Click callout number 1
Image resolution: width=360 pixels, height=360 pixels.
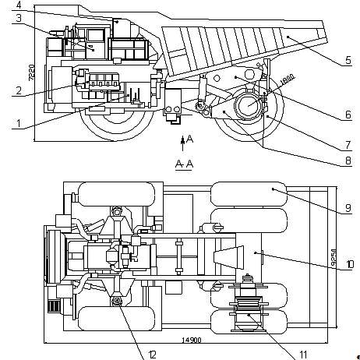[18, 123]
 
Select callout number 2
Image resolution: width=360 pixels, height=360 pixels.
[19, 90]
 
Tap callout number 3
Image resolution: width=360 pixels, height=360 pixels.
[19, 18]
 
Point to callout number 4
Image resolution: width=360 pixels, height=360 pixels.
[19, 5]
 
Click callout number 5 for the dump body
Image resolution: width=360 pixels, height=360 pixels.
[348, 60]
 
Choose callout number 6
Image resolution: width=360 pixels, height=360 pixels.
[348, 115]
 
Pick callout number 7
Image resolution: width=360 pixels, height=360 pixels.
[348, 145]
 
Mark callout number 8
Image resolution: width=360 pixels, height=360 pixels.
[348, 161]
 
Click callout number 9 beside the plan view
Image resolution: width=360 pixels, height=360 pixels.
[348, 208]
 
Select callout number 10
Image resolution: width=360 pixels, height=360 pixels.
[350, 264]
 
